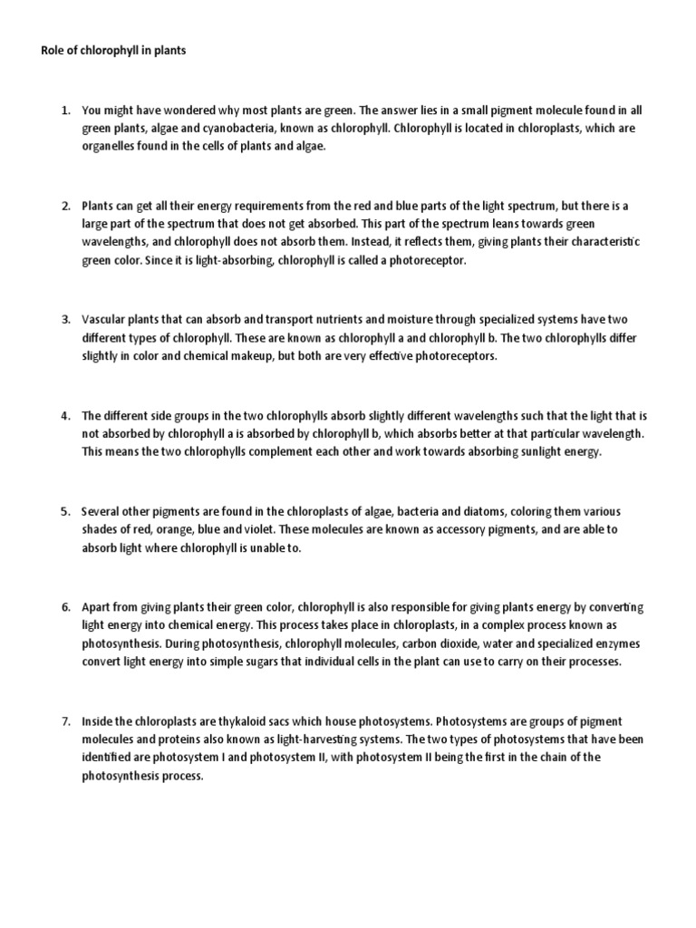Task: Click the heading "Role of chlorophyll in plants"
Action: (x=113, y=52)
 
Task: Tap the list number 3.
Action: (x=65, y=320)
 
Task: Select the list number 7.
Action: (x=65, y=721)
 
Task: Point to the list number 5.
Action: (x=65, y=511)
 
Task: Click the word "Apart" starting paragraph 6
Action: (x=97, y=606)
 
